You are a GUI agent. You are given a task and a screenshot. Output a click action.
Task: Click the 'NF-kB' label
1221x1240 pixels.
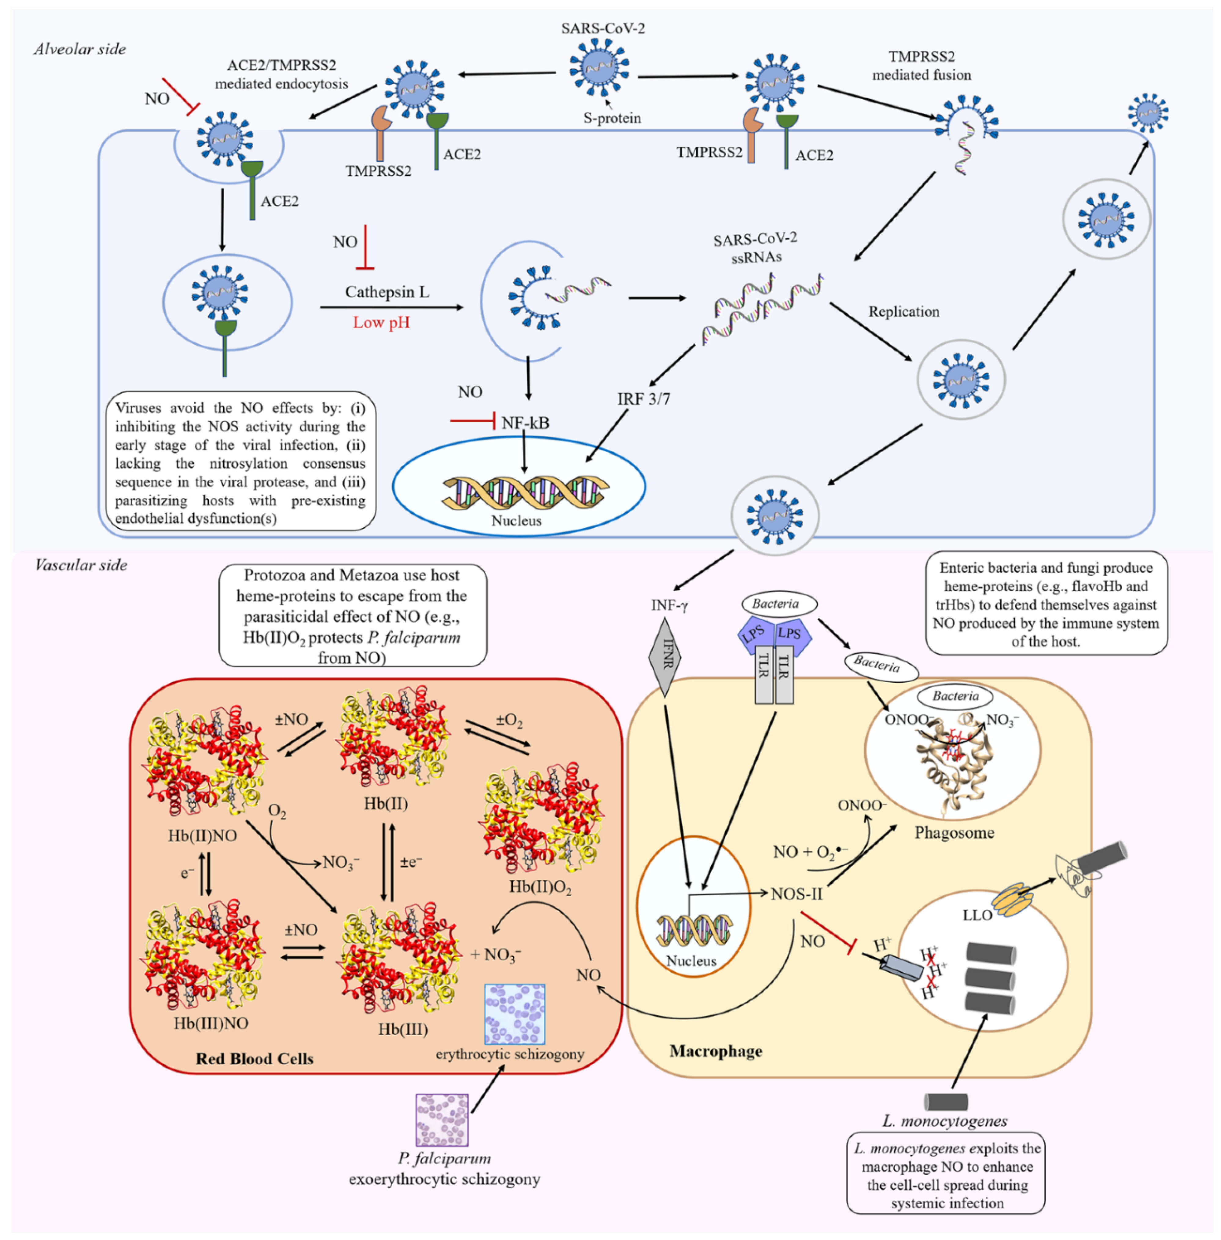[x=525, y=423]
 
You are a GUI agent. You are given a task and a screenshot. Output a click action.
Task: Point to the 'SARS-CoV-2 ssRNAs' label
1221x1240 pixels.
[x=756, y=248]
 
